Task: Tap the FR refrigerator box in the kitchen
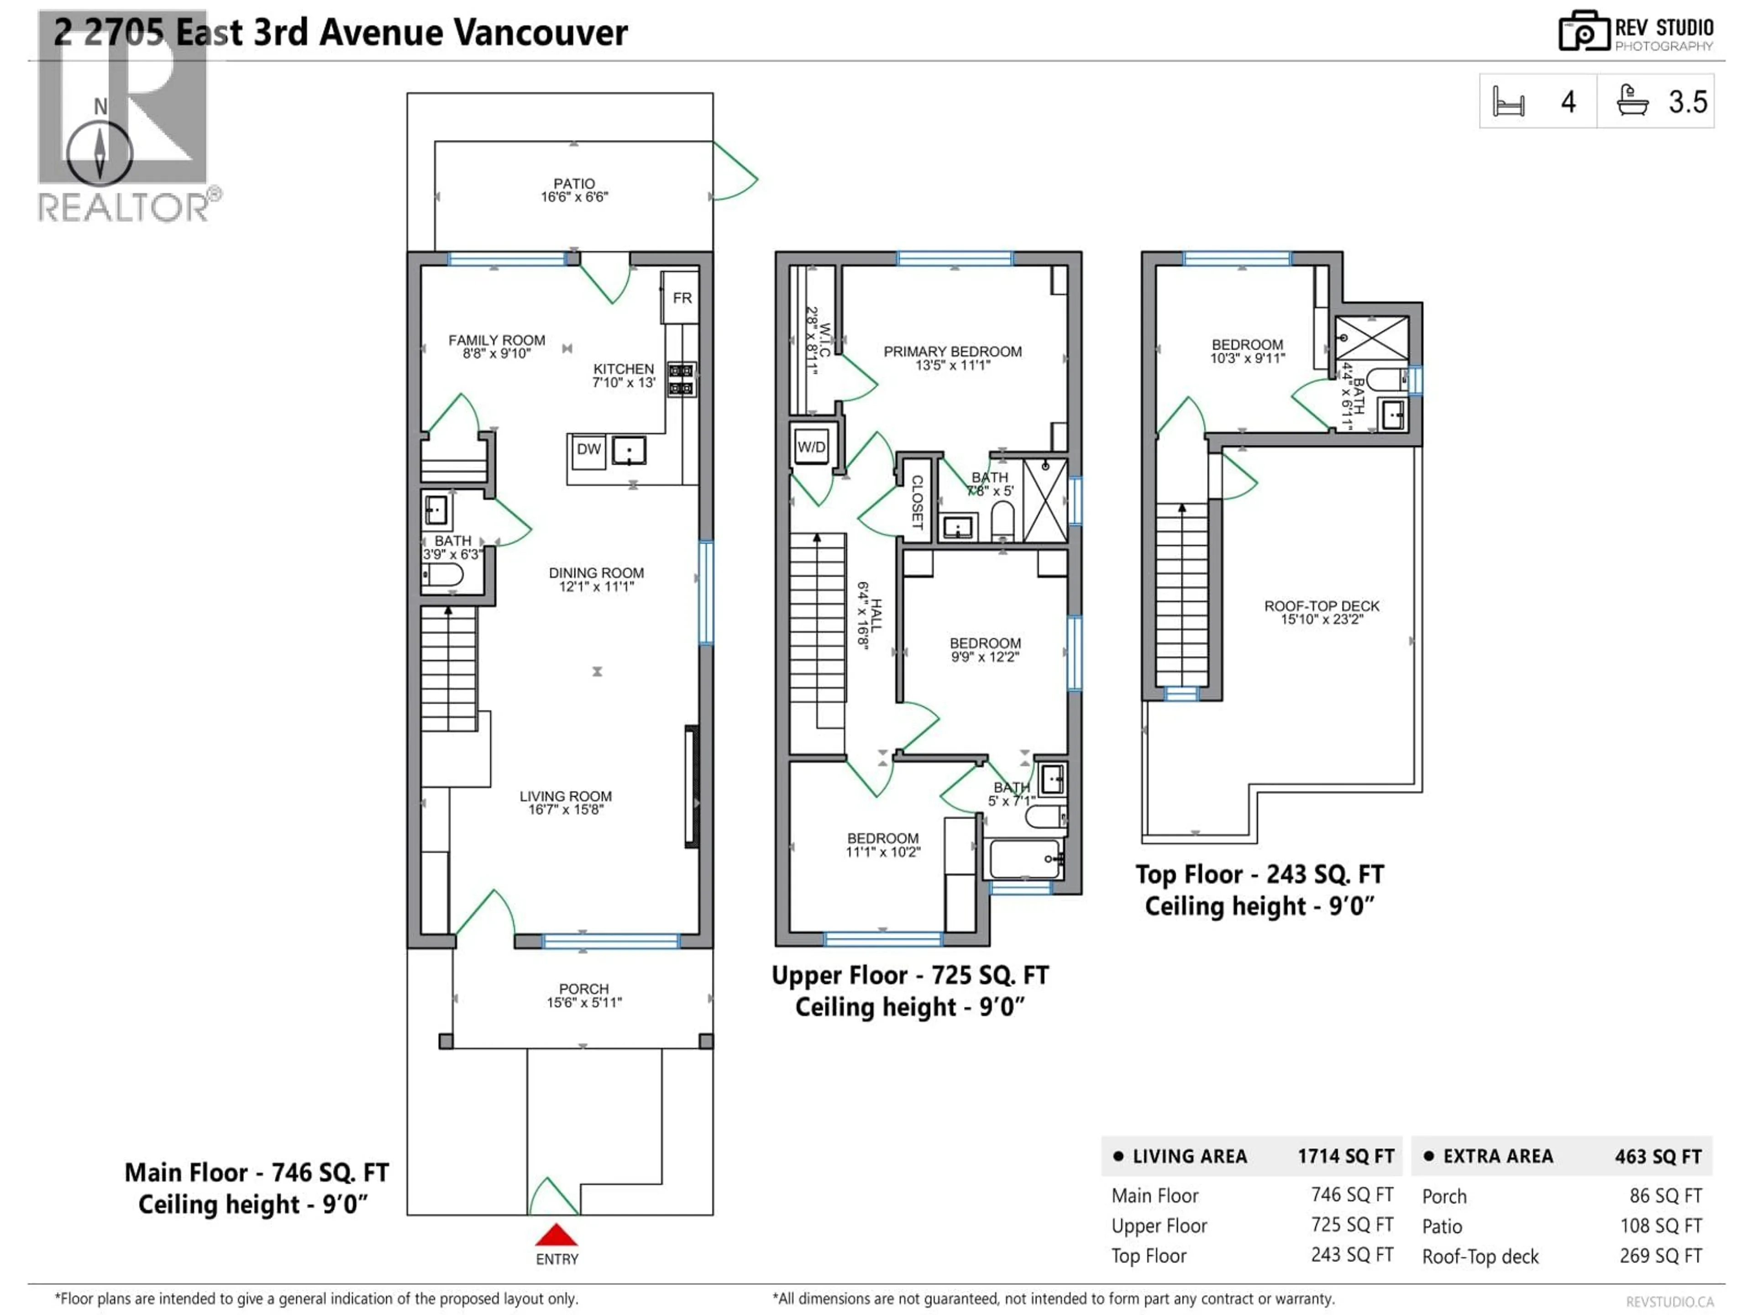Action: point(681,298)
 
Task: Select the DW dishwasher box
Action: point(588,449)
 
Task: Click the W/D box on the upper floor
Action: point(811,447)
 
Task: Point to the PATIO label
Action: point(574,183)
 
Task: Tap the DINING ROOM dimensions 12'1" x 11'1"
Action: point(596,587)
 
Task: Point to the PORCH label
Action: point(583,989)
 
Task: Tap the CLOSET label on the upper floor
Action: point(917,502)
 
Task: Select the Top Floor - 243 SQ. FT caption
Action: point(1259,874)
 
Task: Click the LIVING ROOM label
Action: point(565,796)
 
